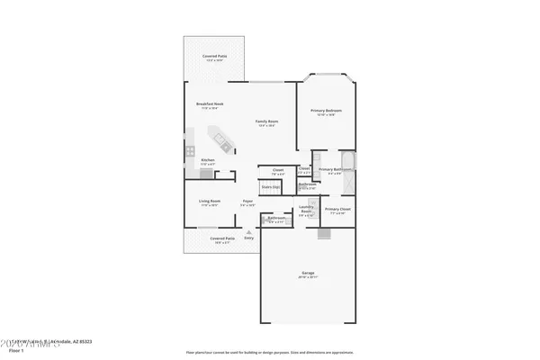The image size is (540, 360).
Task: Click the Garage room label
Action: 307,272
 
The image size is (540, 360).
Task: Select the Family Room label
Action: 265,121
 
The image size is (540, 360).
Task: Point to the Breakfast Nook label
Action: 210,104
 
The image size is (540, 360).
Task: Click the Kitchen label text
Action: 207,160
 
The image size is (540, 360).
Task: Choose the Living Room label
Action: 209,202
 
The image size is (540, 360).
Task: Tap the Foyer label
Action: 247,202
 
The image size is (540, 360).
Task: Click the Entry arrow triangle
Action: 248,230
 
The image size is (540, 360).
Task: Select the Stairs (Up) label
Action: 270,187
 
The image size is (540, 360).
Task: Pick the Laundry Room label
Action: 306,209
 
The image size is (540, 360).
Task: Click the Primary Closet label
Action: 339,209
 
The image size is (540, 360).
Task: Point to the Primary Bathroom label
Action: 334,169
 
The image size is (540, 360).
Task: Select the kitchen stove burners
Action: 192,151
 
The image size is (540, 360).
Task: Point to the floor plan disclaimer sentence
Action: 270,352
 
